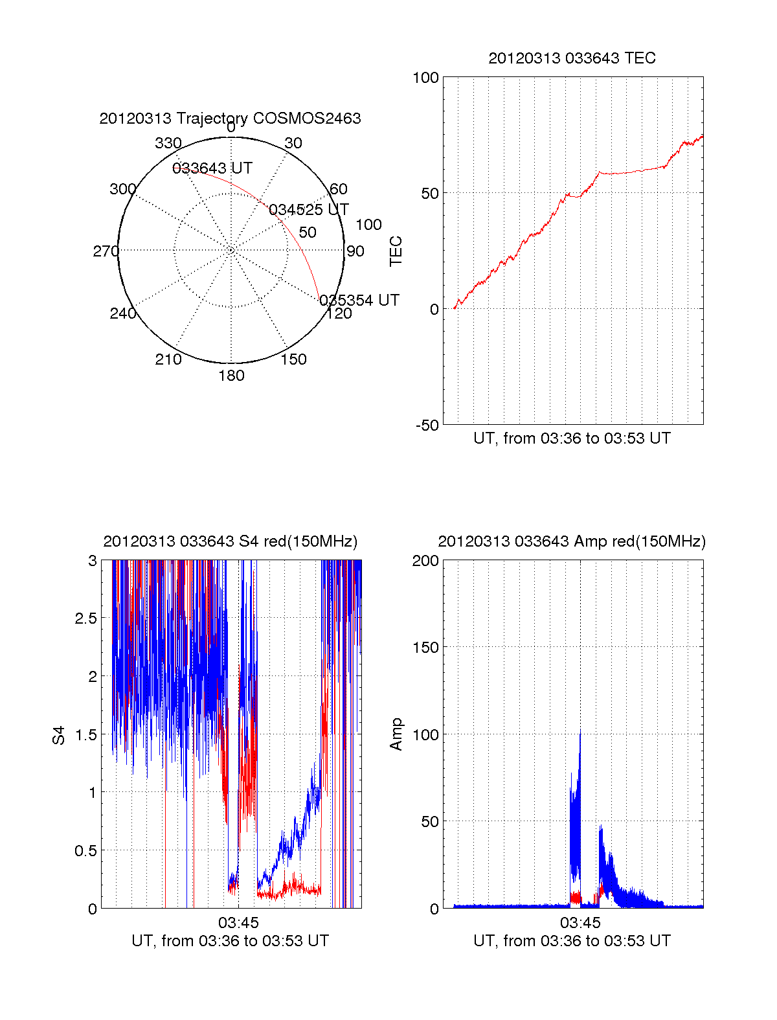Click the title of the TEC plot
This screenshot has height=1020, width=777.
point(572,58)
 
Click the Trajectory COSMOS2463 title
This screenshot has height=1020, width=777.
point(230,119)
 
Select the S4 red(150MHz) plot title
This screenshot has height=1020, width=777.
point(230,541)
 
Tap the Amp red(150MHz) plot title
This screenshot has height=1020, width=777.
point(572,541)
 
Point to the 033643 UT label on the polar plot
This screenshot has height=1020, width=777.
point(212,168)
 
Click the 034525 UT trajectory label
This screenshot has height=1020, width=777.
point(308,210)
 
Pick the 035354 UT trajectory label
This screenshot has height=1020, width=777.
point(359,300)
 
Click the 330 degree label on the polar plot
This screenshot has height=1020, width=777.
point(168,143)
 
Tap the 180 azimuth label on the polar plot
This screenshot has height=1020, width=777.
point(231,376)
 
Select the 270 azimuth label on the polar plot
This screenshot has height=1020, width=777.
point(106,251)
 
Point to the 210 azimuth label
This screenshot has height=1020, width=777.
point(168,359)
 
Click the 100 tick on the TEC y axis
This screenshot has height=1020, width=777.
point(425,78)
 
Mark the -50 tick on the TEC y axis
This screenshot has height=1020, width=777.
point(427,425)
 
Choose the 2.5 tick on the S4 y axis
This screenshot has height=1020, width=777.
point(85,618)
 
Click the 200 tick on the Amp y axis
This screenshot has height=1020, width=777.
point(425,561)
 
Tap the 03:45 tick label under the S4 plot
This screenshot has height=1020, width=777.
point(238,922)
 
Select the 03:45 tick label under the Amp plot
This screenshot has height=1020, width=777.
point(580,922)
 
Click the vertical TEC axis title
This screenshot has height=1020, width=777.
point(396,251)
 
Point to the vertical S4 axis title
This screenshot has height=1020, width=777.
point(59,735)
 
